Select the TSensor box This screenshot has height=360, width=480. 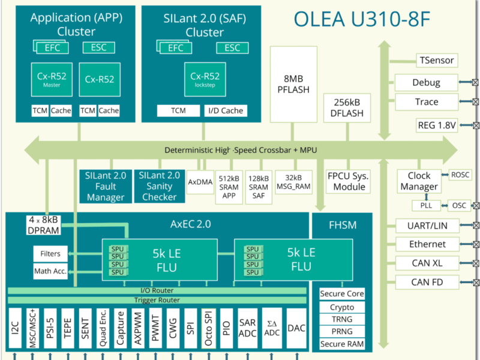436,60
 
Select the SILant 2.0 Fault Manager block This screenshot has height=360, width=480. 106,185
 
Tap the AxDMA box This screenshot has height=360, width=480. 200,182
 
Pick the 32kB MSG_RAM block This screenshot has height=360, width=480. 293,182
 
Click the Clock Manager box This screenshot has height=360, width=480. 419,181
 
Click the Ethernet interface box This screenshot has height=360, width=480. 427,244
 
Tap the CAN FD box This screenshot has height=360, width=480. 427,282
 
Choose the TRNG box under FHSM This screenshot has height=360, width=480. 341,319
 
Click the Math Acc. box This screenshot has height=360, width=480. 50,272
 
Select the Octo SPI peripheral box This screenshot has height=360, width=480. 208,329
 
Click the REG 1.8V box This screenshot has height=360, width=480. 436,125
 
